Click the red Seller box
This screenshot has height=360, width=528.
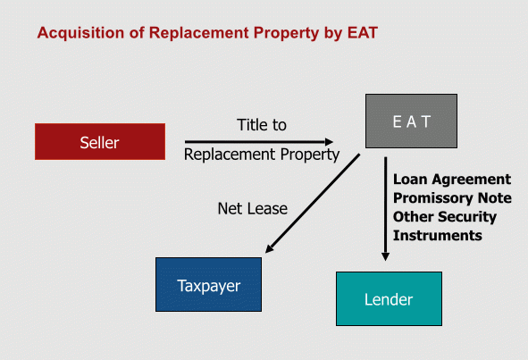(x=100, y=141)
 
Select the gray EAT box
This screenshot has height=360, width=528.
(x=411, y=121)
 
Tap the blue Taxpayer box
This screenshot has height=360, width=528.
(x=208, y=285)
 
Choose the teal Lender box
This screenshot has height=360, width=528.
(x=389, y=298)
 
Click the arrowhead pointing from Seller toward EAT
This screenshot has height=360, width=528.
(x=329, y=142)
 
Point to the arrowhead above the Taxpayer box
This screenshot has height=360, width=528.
(x=270, y=248)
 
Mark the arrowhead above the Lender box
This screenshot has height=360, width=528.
(x=386, y=256)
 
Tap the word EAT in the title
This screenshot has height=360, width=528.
(x=363, y=33)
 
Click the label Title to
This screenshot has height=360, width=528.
(x=262, y=125)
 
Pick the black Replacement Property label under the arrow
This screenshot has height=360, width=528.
(x=262, y=155)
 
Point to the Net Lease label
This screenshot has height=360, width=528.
(x=253, y=208)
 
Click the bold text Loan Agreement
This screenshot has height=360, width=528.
(x=452, y=180)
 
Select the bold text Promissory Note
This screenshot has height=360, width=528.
(x=452, y=198)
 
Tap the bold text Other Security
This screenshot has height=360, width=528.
(x=445, y=217)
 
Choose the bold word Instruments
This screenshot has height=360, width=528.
(x=438, y=236)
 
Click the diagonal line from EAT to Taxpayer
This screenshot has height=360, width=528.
(x=313, y=204)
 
